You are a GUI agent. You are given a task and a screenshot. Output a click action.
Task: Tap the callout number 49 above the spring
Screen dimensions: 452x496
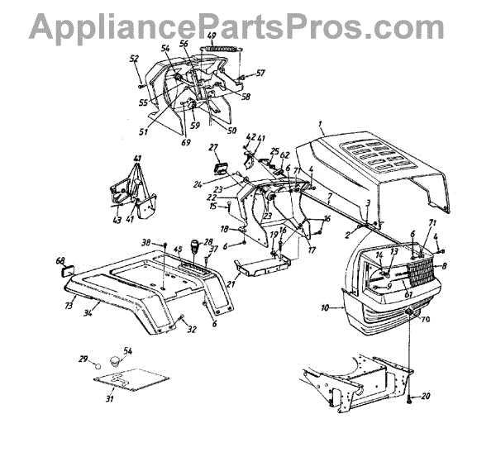point(211,36)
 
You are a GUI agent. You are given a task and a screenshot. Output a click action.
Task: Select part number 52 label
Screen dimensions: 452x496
point(133,58)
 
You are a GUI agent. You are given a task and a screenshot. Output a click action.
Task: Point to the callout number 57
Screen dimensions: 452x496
point(261,73)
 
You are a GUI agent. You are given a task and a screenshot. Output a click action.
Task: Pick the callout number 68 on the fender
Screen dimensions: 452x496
point(60,262)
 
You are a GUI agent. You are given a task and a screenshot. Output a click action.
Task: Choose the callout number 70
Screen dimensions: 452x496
point(427,318)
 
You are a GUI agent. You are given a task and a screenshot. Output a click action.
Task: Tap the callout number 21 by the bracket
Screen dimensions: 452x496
point(231,284)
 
